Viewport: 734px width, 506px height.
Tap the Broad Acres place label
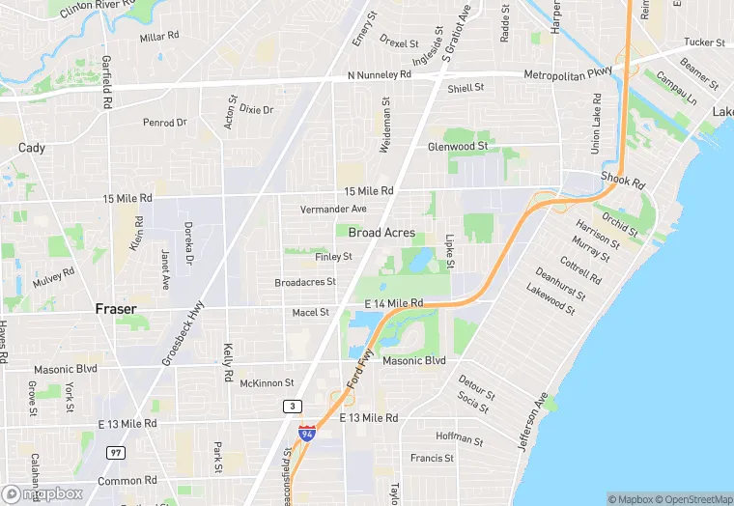[x=381, y=233]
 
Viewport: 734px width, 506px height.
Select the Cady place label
[x=31, y=148]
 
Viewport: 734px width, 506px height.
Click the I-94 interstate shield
[x=306, y=434]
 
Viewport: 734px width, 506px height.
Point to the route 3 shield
[x=290, y=407]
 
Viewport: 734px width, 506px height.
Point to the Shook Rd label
[x=622, y=180]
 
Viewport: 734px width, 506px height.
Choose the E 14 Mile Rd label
[x=394, y=303]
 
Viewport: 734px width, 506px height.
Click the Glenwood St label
[x=458, y=147]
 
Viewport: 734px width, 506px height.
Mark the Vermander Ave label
[x=333, y=209]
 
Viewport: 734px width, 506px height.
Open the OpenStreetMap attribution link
[x=692, y=499]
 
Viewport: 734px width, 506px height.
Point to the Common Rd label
[x=127, y=480]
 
